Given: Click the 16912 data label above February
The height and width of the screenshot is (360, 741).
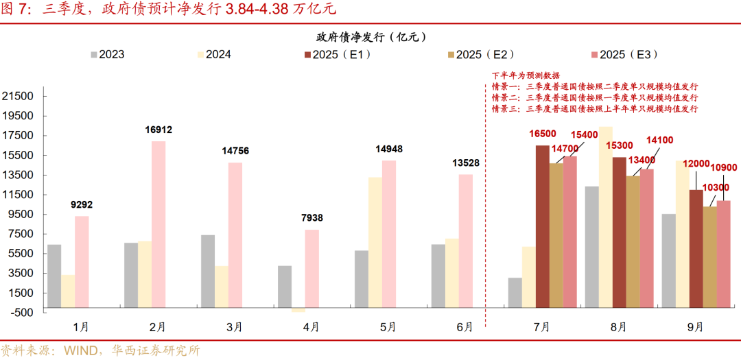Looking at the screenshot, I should [x=158, y=130].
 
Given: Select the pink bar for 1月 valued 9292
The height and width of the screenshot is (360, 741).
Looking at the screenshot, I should [x=82, y=261].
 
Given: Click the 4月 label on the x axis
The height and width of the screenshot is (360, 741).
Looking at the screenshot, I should [x=311, y=326].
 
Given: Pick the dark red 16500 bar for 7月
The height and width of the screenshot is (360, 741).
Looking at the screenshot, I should [x=543, y=226].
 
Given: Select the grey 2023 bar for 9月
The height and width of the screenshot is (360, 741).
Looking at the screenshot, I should [x=669, y=261].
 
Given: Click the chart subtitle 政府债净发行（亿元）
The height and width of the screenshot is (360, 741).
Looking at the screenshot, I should [x=370, y=36].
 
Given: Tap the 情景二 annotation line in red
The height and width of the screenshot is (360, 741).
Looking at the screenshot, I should [x=594, y=97].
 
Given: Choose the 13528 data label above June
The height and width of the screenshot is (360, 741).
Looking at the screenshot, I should [x=465, y=163].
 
